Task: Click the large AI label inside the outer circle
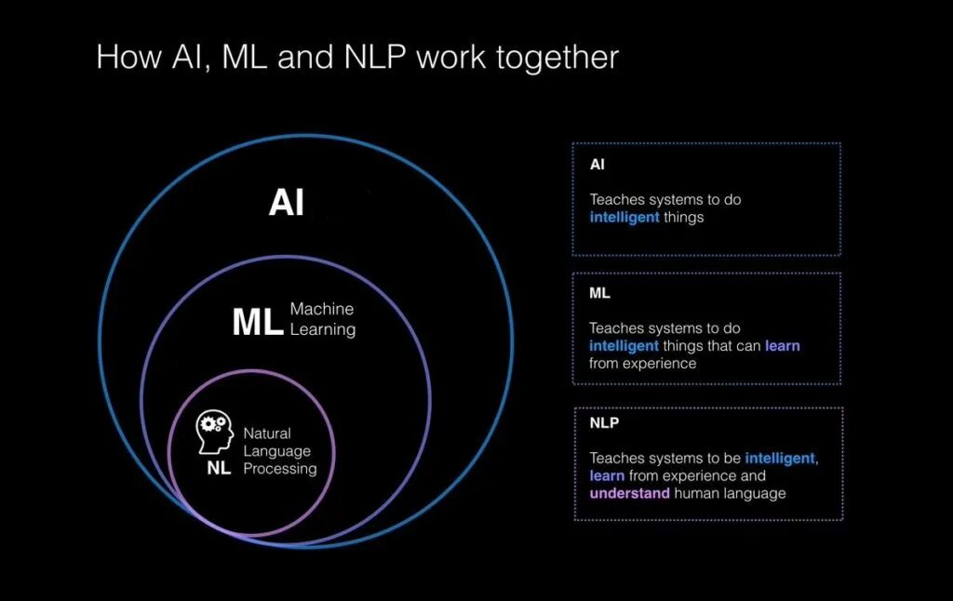pyautogui.click(x=287, y=203)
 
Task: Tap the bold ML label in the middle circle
pyautogui.click(x=257, y=322)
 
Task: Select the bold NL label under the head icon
pyautogui.click(x=219, y=468)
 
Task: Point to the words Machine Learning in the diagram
pyautogui.click(x=322, y=318)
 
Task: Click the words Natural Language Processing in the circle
pyautogui.click(x=279, y=450)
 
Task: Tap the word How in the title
pyautogui.click(x=128, y=58)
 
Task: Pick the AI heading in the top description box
pyautogui.click(x=597, y=165)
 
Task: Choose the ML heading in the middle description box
pyautogui.click(x=599, y=293)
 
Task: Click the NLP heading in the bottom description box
pyautogui.click(x=604, y=422)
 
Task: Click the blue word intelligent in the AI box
pyautogui.click(x=624, y=218)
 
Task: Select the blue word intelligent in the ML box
pyautogui.click(x=624, y=346)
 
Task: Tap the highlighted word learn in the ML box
pyautogui.click(x=782, y=346)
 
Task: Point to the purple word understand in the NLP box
pyautogui.click(x=629, y=493)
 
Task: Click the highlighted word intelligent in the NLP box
pyautogui.click(x=781, y=458)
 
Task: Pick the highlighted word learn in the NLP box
pyautogui.click(x=607, y=475)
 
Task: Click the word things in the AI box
pyautogui.click(x=684, y=218)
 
